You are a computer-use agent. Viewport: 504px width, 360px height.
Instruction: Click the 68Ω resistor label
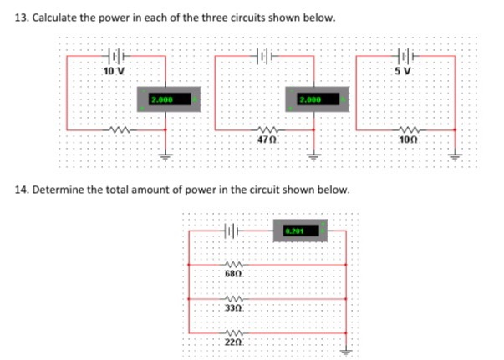click(x=234, y=274)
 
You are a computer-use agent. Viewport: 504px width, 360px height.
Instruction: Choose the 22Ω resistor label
click(x=234, y=343)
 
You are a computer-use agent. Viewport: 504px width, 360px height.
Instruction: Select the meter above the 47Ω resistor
click(x=313, y=99)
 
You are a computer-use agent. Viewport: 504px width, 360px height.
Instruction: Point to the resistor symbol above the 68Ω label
click(x=234, y=264)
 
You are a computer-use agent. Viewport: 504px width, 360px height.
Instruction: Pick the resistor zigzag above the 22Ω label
click(x=234, y=333)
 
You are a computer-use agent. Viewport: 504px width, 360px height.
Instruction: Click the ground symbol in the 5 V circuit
click(x=456, y=156)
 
